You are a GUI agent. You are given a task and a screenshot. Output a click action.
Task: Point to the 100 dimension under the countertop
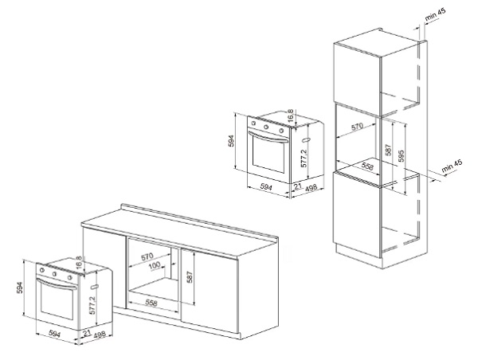pos(154,264)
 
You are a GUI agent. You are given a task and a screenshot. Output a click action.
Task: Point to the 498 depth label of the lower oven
pos(100,337)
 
